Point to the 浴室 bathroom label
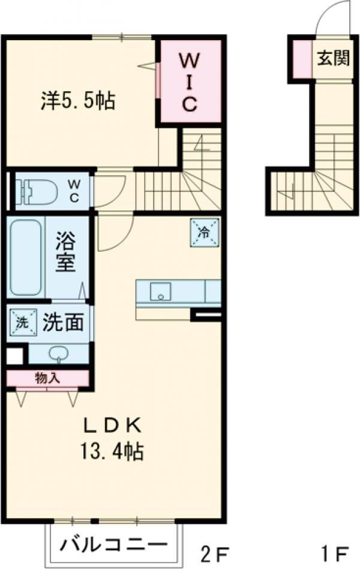point(66,254)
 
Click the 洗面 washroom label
point(63,323)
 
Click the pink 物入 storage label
point(47,378)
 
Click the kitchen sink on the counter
point(161,292)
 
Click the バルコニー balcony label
point(113,545)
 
